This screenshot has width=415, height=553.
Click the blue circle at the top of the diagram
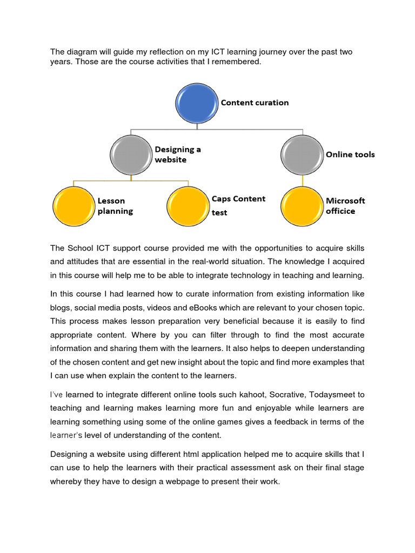(197, 103)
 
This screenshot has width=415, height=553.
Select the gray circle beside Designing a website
(131, 155)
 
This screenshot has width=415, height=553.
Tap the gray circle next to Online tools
(302, 155)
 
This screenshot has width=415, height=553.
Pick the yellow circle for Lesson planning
(74, 206)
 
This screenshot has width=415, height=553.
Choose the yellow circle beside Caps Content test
(188, 206)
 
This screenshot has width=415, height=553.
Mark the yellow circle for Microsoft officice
(302, 206)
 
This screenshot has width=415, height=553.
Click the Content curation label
(255, 103)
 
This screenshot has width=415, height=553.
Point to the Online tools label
(350, 154)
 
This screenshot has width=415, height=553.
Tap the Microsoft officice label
(345, 206)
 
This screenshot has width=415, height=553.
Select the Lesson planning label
(115, 206)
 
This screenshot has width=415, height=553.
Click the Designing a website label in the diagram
(177, 154)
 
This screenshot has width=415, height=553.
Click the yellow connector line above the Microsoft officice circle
(302, 181)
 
